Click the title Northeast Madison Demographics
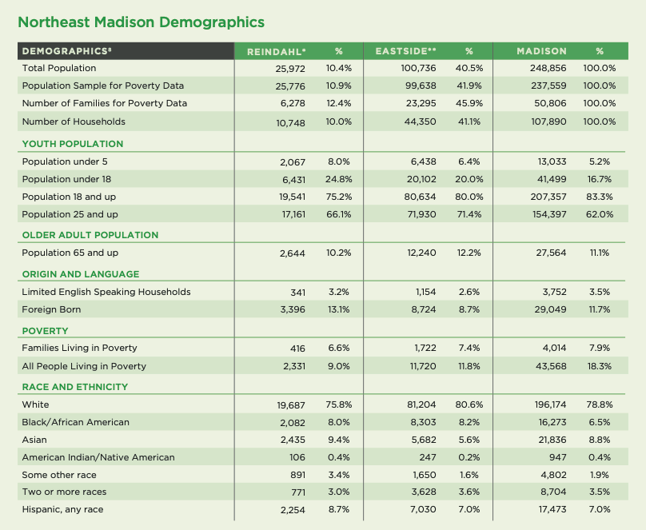[x=141, y=22]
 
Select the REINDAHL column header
[x=276, y=52]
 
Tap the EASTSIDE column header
[x=405, y=51]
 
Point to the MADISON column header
[x=541, y=51]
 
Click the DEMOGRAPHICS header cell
[x=66, y=51]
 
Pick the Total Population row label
[x=59, y=69]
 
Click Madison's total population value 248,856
[x=548, y=69]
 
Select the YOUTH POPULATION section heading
[x=73, y=144]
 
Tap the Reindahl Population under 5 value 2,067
[x=293, y=162]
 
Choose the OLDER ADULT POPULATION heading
[x=90, y=235]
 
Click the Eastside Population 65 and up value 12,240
[x=421, y=253]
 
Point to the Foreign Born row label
[x=51, y=309]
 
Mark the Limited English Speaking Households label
[x=106, y=292]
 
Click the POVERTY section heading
[x=46, y=331]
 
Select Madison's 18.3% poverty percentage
[x=600, y=366]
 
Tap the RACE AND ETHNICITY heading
[x=75, y=387]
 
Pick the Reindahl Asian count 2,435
[x=293, y=440]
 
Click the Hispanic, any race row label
[x=62, y=510]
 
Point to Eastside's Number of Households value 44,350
[x=421, y=122]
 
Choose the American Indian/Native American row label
[x=98, y=457]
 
